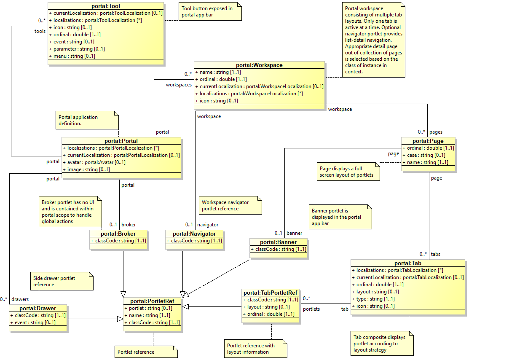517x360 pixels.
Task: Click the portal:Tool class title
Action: click(x=105, y=6)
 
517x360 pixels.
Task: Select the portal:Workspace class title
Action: click(x=259, y=65)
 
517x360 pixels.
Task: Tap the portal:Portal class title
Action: click(x=121, y=141)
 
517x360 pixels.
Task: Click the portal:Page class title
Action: click(x=428, y=141)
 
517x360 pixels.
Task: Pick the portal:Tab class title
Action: click(x=407, y=263)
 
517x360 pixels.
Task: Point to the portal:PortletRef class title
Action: click(x=152, y=301)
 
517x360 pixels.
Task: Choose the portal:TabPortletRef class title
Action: click(x=271, y=293)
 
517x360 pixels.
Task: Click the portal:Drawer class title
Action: click(x=38, y=308)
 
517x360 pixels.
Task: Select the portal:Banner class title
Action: click(x=279, y=242)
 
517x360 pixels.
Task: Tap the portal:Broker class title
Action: click(x=118, y=234)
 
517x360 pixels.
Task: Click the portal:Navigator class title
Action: click(x=194, y=234)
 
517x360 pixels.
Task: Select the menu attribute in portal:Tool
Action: click(x=74, y=56)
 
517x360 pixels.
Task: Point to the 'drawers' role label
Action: click(x=20, y=299)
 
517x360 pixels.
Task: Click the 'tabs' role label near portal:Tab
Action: click(x=436, y=254)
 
